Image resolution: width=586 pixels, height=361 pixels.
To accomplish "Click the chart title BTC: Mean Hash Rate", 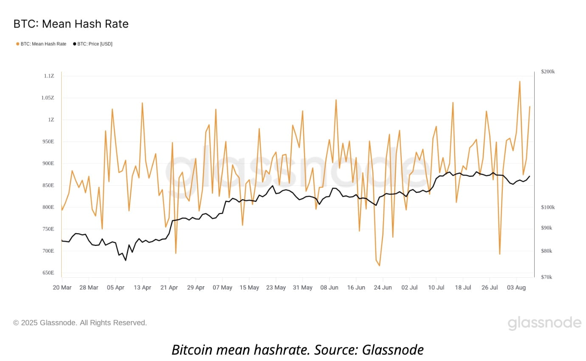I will [x=71, y=24].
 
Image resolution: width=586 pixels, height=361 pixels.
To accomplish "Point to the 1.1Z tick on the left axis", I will [x=49, y=76].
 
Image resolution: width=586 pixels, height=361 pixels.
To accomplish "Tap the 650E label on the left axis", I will [x=48, y=273].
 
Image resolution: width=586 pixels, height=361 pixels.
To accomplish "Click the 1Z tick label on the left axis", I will [x=51, y=120].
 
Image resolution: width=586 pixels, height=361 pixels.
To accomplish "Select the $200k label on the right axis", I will [x=548, y=71].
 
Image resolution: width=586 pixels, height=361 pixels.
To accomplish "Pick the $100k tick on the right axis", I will [x=548, y=207].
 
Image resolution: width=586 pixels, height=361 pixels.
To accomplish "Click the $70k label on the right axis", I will [x=547, y=277].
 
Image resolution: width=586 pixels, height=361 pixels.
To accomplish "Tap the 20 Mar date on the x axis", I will [x=62, y=288].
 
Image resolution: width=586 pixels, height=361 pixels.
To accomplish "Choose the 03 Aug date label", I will [x=516, y=288].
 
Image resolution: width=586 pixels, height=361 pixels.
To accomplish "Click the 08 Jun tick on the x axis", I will [x=329, y=288].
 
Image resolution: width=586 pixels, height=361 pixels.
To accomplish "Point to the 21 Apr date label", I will [x=169, y=288].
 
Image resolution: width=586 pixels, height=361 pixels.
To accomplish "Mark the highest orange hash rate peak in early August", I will [x=519, y=81].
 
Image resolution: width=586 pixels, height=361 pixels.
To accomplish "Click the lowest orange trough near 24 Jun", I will [x=379, y=266].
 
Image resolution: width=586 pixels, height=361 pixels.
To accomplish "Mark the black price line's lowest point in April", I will [x=125, y=260].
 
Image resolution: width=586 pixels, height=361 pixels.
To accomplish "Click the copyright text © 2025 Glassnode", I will [x=80, y=323].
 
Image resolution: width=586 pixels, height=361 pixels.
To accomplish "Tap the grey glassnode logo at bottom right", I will [x=544, y=323].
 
